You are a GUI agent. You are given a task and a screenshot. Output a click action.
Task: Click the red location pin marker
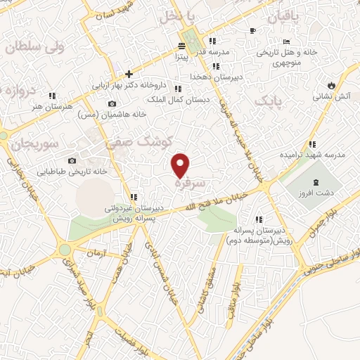click(181, 165)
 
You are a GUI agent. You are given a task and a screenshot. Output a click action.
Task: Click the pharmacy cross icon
click(129, 73)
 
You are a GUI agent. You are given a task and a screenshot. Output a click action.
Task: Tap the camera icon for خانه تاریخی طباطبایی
click(72, 160)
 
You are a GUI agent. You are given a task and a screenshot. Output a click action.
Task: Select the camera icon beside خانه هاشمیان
click(111, 104)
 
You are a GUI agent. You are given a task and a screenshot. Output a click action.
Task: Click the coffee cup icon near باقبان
click(252, 30)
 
